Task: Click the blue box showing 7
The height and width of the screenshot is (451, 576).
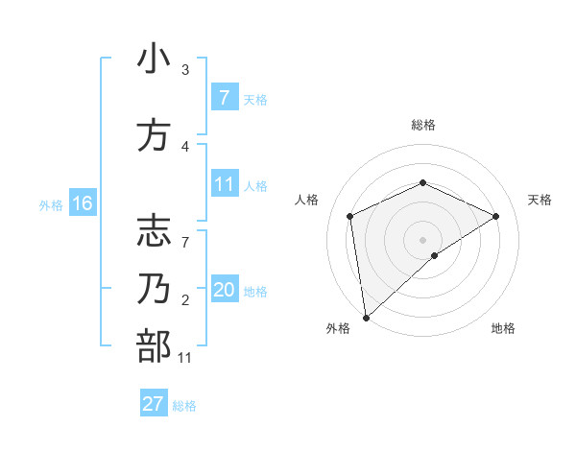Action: coord(224,98)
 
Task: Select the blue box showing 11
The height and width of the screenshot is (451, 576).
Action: coord(224,184)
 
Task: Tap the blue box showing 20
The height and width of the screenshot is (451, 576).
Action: coord(224,290)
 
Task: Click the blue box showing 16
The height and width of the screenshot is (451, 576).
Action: coord(82,203)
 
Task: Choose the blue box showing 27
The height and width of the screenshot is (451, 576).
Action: coord(154,404)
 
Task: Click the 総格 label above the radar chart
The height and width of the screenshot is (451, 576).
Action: coord(422,125)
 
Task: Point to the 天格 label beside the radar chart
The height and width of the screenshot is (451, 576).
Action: coord(540,200)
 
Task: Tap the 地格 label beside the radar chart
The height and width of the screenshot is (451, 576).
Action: coord(503,328)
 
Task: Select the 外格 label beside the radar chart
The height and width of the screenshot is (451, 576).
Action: coord(339,328)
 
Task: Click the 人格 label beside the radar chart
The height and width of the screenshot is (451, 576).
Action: coord(307,200)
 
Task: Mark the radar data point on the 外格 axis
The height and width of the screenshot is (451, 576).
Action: coord(366,317)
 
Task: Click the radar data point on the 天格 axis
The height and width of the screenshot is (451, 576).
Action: coord(495,216)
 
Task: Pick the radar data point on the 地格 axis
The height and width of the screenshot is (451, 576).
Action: coord(435,255)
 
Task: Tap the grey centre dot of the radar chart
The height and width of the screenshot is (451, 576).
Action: coord(422,239)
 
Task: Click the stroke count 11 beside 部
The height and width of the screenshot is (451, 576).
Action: coord(184,358)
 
